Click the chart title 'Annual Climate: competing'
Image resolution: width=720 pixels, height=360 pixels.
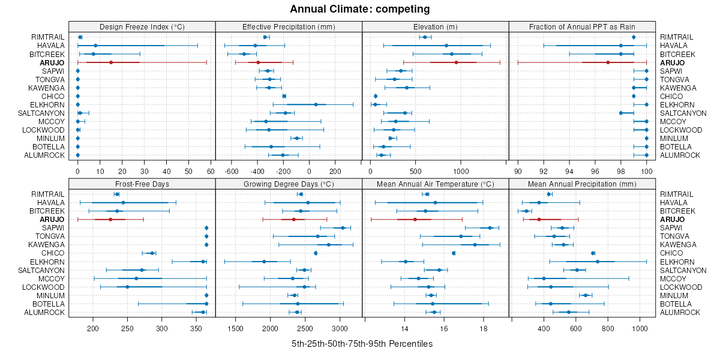359,9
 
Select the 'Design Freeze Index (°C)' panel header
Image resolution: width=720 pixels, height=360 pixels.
142,26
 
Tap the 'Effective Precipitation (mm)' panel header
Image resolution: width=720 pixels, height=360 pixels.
289,26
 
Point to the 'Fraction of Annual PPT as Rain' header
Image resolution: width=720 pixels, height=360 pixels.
582,26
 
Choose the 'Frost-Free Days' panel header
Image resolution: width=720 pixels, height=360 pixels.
142,184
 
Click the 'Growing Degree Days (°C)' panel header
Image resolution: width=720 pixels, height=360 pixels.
289,184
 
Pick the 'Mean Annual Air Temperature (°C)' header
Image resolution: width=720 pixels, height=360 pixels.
436,184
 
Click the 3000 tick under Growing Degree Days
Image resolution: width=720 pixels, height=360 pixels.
340,328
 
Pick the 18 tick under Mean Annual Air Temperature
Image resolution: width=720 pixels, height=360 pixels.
484,328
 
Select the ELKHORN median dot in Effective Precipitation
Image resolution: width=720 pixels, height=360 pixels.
316,104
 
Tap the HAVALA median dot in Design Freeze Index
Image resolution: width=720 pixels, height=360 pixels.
95,46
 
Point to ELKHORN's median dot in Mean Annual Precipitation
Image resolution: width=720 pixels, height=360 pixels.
598,262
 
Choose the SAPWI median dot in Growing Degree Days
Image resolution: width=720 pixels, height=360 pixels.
343,228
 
